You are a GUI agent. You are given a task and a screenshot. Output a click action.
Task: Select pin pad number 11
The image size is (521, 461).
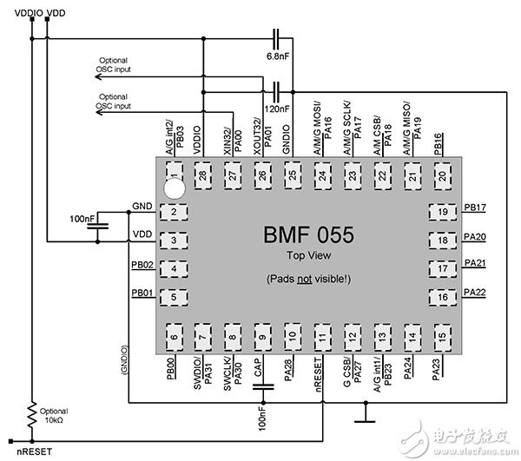323,336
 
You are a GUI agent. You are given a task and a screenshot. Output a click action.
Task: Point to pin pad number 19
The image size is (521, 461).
444,213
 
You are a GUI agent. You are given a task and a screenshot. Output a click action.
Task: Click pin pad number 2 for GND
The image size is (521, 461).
175,213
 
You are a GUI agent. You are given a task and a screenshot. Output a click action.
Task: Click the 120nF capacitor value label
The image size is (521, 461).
279,109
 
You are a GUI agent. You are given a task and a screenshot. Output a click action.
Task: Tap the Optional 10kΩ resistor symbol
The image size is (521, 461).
32,411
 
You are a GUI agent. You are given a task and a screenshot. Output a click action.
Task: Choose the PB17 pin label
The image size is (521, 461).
475,207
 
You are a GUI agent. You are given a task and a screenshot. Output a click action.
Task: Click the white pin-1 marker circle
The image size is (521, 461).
175,185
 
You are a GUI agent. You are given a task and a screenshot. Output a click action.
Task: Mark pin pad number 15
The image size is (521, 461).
443,336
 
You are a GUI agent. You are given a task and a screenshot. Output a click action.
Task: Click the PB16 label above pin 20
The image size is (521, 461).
440,142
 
